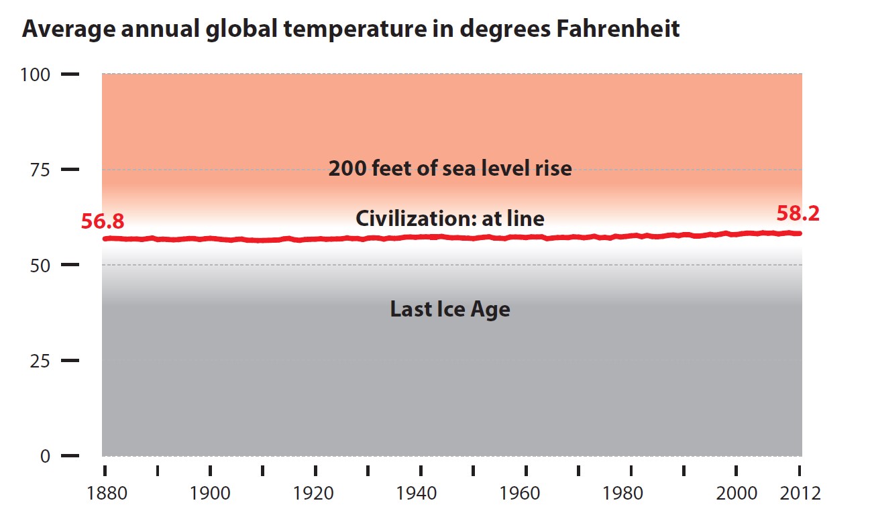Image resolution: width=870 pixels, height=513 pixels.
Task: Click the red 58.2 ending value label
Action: [x=798, y=213]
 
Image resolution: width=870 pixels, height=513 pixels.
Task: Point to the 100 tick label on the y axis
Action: [x=36, y=74]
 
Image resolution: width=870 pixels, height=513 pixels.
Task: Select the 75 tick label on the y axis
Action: [x=40, y=170]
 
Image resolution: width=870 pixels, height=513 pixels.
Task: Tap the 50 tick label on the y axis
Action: [x=40, y=266]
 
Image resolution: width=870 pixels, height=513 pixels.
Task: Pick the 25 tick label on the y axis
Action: [x=40, y=361]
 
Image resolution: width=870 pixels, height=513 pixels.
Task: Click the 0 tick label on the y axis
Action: [x=46, y=457]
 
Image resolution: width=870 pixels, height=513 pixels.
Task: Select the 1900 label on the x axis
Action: [x=211, y=494]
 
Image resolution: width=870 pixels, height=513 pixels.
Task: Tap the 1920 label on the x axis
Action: [x=315, y=494]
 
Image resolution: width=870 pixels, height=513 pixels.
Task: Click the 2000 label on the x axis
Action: [x=736, y=494]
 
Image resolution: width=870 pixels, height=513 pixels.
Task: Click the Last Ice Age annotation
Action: [x=450, y=310]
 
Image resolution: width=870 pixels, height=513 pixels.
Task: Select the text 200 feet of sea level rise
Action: [x=450, y=168]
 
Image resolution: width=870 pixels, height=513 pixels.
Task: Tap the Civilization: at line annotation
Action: [x=450, y=219]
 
